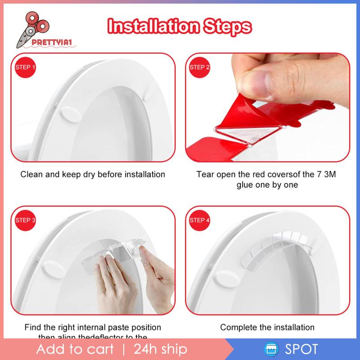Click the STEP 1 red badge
(x=26, y=67)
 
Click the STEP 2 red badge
(x=199, y=67)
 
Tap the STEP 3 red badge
(x=26, y=220)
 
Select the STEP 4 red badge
(x=199, y=220)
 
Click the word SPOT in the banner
(x=301, y=349)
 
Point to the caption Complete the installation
(x=267, y=327)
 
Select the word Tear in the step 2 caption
(x=205, y=174)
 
